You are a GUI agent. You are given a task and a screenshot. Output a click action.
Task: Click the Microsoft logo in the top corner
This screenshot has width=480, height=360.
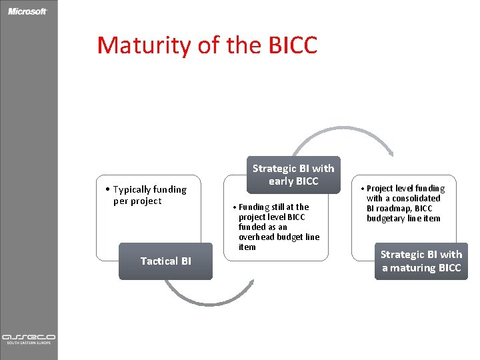click(28, 11)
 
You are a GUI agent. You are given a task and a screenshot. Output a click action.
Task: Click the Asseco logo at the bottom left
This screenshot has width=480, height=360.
click(28, 338)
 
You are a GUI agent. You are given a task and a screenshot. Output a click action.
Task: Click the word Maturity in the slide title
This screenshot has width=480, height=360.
click(144, 45)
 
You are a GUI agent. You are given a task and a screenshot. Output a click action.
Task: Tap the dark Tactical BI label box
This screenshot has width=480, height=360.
click(165, 261)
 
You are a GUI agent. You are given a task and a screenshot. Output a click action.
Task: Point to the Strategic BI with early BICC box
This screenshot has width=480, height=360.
click(293, 175)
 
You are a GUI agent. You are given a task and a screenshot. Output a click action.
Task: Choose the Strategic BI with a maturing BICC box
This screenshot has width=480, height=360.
click(421, 261)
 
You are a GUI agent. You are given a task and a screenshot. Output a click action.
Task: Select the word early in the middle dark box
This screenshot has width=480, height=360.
click(282, 181)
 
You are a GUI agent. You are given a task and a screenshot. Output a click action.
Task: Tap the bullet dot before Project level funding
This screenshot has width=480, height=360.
click(363, 189)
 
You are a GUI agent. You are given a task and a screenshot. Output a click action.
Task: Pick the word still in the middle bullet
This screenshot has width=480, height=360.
click(277, 207)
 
